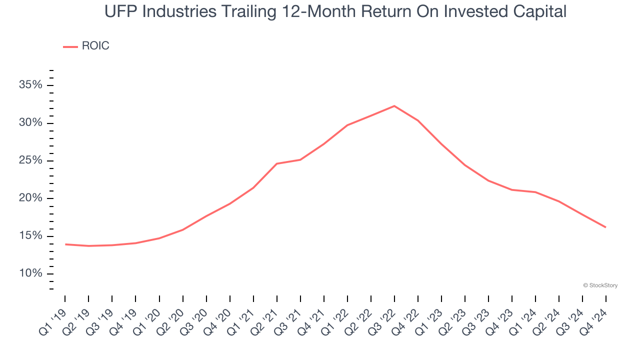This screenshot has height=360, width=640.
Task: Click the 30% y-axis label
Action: [x=30, y=123]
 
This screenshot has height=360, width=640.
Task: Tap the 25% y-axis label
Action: [x=30, y=160]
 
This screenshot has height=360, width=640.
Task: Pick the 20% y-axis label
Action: [x=30, y=198]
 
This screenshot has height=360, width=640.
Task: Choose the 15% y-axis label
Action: [x=30, y=236]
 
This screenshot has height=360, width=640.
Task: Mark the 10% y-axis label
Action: [x=30, y=273]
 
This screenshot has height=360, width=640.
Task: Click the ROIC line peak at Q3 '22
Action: [x=394, y=106]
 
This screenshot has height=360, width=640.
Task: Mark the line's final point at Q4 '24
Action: [x=605, y=227]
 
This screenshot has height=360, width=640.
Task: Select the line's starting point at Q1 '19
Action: [x=65, y=244]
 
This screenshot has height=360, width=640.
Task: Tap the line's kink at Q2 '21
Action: [x=276, y=163]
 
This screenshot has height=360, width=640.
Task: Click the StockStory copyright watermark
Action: [x=600, y=285]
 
